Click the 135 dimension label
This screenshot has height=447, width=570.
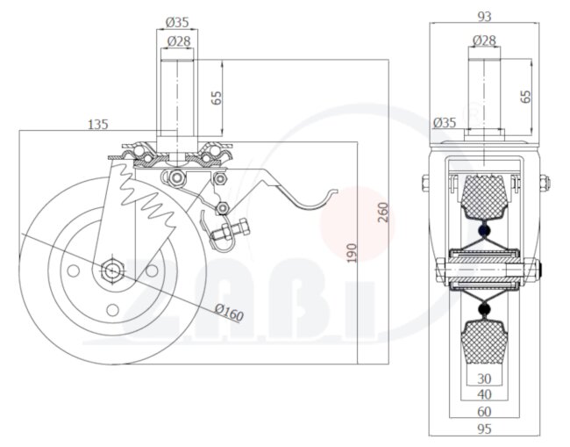pyautogui.click(x=98, y=125)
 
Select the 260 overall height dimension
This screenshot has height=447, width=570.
pyautogui.click(x=382, y=212)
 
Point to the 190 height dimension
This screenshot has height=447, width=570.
pyautogui.click(x=352, y=253)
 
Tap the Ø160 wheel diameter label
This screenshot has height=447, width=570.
pyautogui.click(x=228, y=312)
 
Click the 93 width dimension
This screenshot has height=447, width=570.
pyautogui.click(x=483, y=15)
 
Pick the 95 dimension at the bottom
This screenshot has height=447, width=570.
pyautogui.click(x=484, y=428)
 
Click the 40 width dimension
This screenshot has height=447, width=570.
pyautogui.click(x=484, y=395)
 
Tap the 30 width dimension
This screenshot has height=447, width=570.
pyautogui.click(x=484, y=379)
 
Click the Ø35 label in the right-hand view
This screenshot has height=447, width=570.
pyautogui.click(x=445, y=123)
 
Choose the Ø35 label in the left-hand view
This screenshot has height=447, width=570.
pyautogui.click(x=177, y=22)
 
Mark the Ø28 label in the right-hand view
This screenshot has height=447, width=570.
pyautogui.click(x=484, y=40)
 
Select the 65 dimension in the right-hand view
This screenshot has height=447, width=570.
pyautogui.click(x=526, y=96)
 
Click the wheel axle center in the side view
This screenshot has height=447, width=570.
pyautogui.click(x=113, y=270)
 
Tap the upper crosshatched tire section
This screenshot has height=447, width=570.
pyautogui.click(x=482, y=198)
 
